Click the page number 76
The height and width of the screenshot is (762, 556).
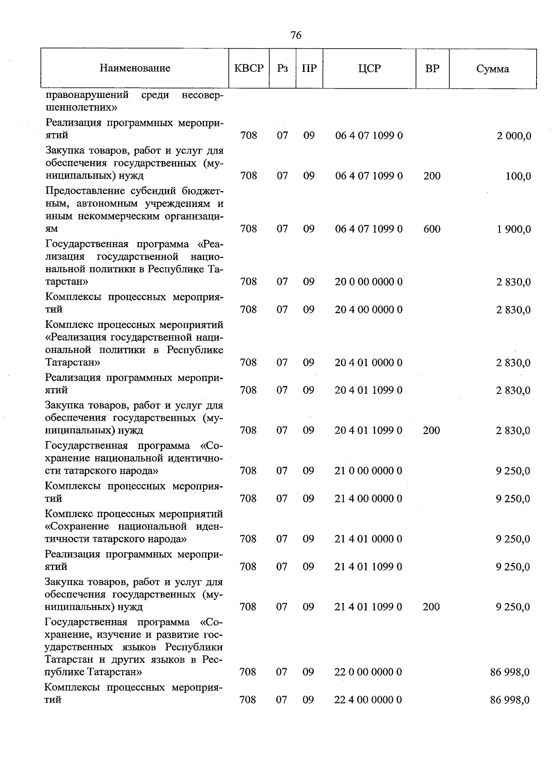point(296,35)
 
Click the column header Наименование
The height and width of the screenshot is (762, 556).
point(135,69)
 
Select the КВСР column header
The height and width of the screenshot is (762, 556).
point(249,69)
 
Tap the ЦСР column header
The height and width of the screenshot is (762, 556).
point(369,69)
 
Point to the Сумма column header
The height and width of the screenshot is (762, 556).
point(493,69)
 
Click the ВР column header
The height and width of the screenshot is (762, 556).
point(432,69)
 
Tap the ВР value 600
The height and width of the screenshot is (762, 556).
point(432,229)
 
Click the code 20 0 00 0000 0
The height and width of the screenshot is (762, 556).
point(369,282)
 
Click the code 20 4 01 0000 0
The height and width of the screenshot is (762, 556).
point(369,362)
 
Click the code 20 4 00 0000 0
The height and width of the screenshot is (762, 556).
point(369,309)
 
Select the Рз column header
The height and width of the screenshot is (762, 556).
point(282,69)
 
